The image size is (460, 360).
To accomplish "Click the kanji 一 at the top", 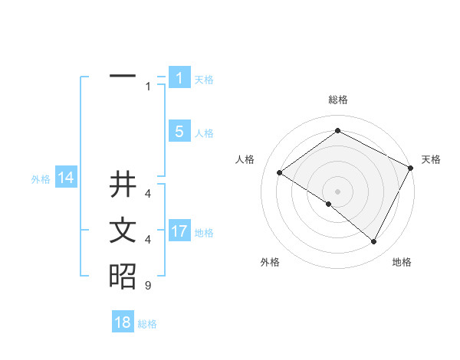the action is pyautogui.click(x=123, y=77).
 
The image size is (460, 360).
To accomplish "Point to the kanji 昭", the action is pyautogui.click(x=123, y=276).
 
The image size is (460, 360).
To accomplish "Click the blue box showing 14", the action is pyautogui.click(x=65, y=178).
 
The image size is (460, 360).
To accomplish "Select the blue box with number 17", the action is pyautogui.click(x=179, y=231).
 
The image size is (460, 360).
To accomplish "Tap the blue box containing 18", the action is pyautogui.click(x=123, y=322).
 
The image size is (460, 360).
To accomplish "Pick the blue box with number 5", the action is pyautogui.click(x=179, y=132).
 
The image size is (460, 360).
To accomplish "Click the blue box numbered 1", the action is pyautogui.click(x=179, y=78).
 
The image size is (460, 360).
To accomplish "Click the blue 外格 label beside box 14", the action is pyautogui.click(x=41, y=179).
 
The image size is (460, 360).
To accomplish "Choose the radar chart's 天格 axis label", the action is pyautogui.click(x=431, y=159).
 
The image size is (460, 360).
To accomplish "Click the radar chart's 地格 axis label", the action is pyautogui.click(x=402, y=262).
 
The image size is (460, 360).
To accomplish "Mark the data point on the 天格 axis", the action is pyautogui.click(x=411, y=168).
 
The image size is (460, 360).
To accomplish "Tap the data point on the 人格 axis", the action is pyautogui.click(x=279, y=173).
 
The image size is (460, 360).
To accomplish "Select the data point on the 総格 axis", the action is pyautogui.click(x=337, y=131).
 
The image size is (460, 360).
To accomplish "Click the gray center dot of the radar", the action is pyautogui.click(x=337, y=191).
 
